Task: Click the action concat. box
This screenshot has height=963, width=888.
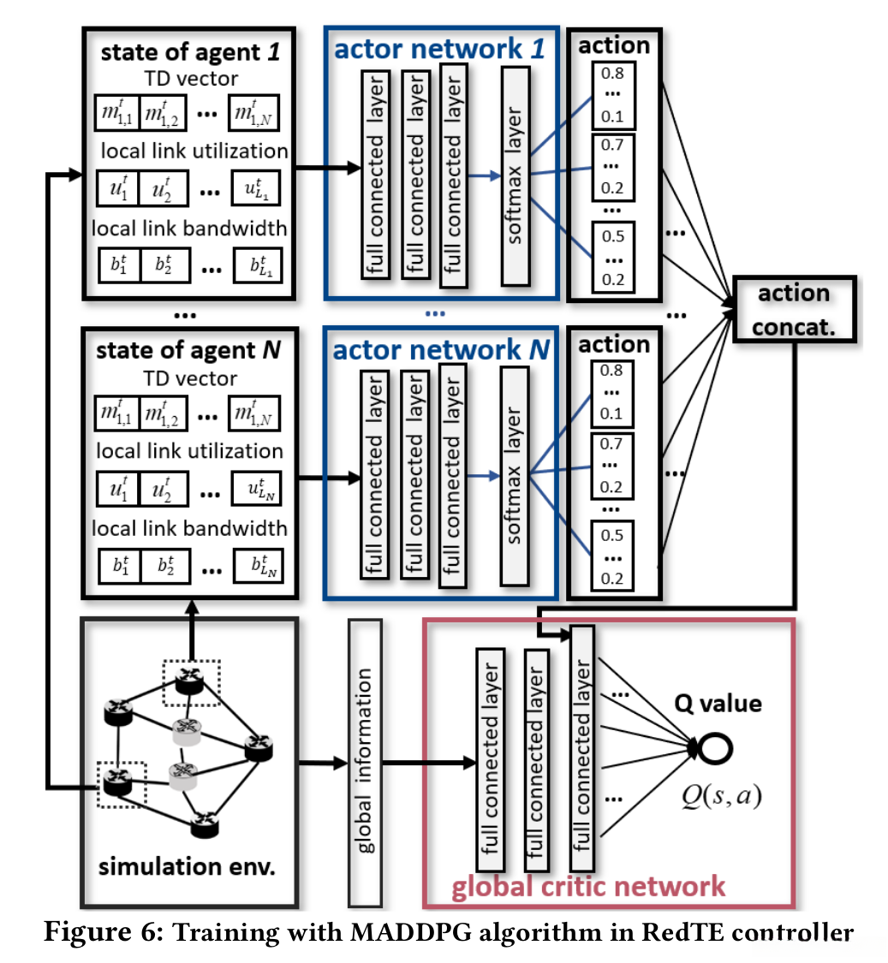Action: pyautogui.click(x=794, y=309)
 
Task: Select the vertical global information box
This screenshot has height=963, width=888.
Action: pyautogui.click(x=364, y=761)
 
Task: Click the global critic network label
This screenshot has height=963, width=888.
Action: pyautogui.click(x=588, y=885)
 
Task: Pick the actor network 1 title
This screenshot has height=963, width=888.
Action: pyautogui.click(x=438, y=49)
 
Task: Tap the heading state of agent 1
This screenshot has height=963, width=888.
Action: pyautogui.click(x=189, y=52)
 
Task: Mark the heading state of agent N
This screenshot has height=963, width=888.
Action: pyautogui.click(x=189, y=350)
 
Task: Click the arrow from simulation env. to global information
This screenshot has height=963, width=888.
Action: pyautogui.click(x=322, y=761)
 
